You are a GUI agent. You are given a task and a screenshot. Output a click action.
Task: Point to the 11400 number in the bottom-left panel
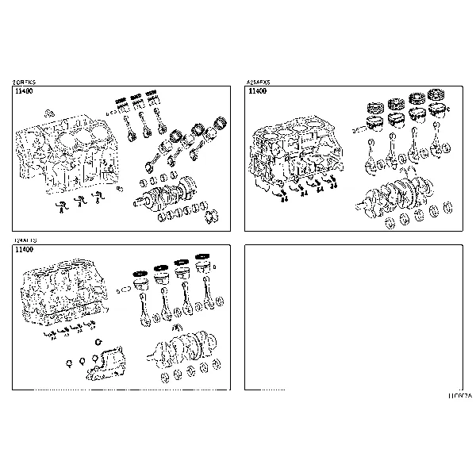click(x=24, y=250)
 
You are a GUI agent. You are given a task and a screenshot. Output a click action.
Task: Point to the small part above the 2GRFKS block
click(x=50, y=112)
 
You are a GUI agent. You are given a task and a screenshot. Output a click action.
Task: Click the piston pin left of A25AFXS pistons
click(x=357, y=125)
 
